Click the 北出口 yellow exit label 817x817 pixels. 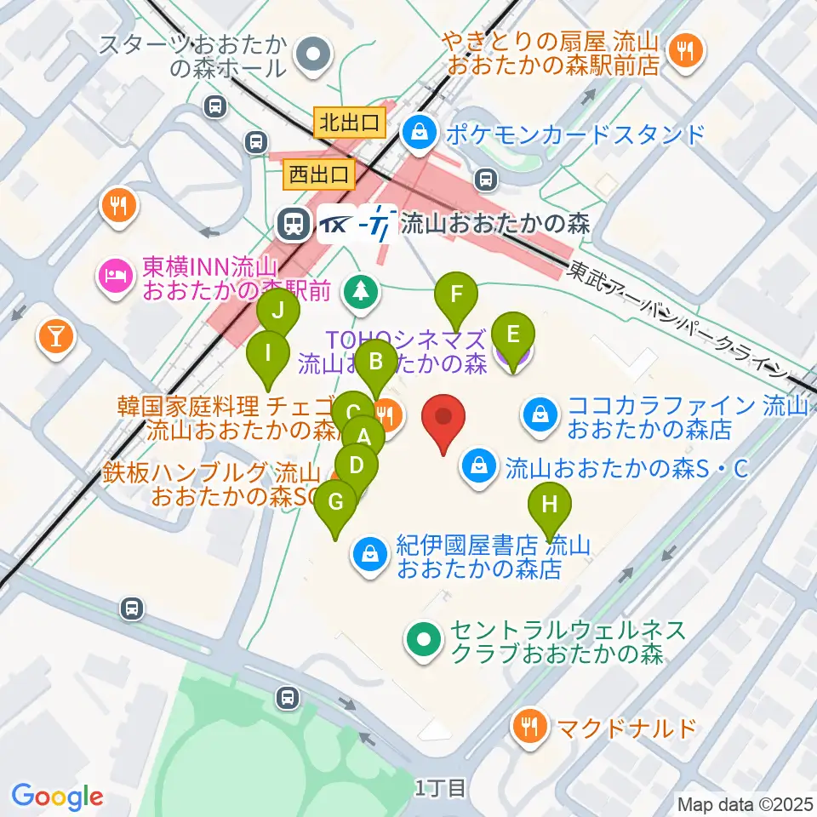pos(348,122)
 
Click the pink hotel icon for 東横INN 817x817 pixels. pos(115,274)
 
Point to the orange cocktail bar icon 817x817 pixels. pos(55,338)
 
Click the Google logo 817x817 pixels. pos(57,796)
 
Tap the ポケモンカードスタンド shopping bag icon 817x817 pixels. pos(420,132)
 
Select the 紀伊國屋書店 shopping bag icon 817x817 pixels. pos(371,555)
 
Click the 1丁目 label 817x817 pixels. pos(441,788)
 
